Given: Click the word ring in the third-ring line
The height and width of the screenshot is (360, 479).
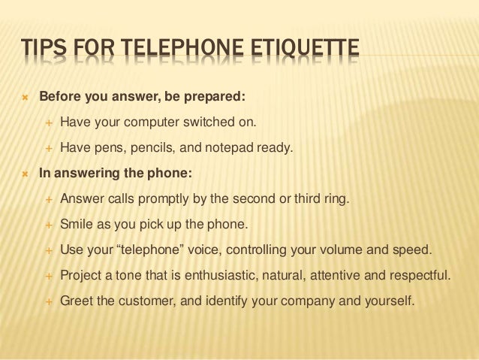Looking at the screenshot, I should (x=337, y=199).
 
